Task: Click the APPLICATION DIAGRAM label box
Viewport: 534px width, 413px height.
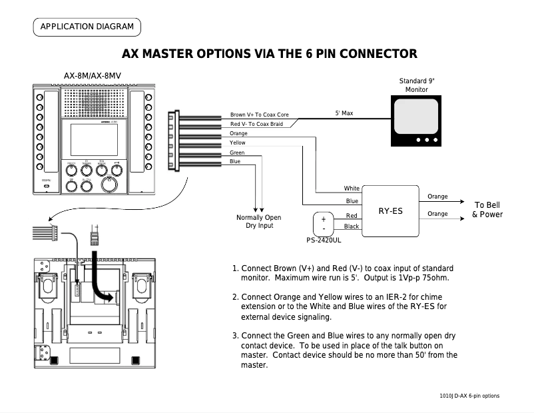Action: tap(87, 27)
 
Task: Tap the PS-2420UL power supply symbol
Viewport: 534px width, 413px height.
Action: tap(323, 224)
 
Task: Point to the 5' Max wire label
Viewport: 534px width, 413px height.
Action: tap(344, 114)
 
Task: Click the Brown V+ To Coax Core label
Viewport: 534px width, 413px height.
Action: tap(259, 115)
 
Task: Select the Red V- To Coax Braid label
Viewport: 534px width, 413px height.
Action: tap(256, 124)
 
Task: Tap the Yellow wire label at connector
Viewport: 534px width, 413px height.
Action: tap(237, 143)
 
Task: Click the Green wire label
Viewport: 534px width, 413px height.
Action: tap(236, 153)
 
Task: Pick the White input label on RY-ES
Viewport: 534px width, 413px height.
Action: tap(352, 189)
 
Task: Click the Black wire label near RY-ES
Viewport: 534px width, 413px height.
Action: tap(352, 226)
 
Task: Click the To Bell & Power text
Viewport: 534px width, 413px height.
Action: tap(487, 210)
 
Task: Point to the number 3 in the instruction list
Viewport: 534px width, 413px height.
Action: tap(235, 336)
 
